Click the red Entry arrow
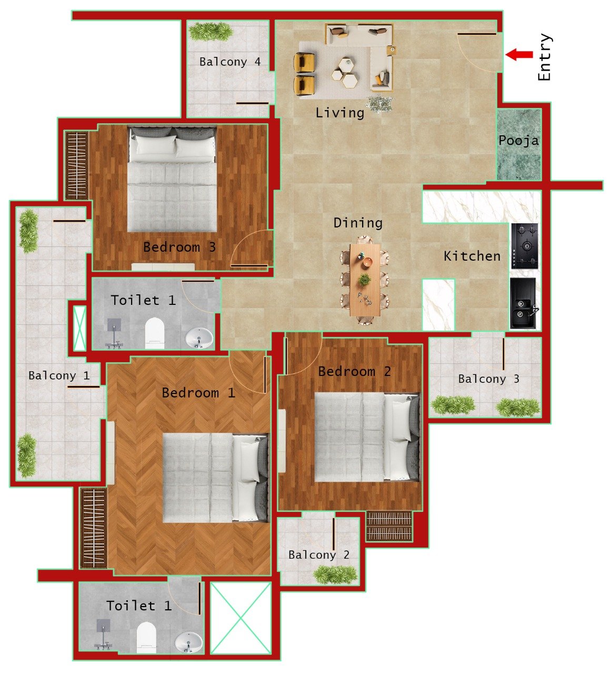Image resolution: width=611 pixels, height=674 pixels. [519, 54]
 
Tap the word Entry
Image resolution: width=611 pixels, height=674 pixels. [545, 57]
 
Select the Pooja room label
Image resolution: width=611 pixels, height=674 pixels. [518, 141]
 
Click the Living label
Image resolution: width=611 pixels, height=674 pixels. [340, 113]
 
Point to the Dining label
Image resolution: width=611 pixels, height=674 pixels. [358, 223]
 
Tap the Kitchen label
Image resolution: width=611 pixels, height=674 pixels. [472, 256]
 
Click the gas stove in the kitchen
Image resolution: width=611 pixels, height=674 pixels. [525, 246]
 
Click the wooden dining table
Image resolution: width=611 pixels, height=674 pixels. [365, 280]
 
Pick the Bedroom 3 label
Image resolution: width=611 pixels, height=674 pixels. [179, 247]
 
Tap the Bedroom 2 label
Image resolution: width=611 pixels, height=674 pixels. [354, 371]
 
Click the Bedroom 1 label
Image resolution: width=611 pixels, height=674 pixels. [198, 392]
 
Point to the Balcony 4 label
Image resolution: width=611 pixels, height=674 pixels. [230, 62]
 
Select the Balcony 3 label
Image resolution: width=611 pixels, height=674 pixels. [488, 379]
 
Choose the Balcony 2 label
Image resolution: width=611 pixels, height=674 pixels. [319, 554]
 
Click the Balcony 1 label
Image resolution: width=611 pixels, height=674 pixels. [59, 375]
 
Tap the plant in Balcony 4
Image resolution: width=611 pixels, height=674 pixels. [211, 32]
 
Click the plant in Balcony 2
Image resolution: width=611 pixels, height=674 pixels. [335, 574]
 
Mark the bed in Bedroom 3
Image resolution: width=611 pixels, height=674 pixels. [173, 179]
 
